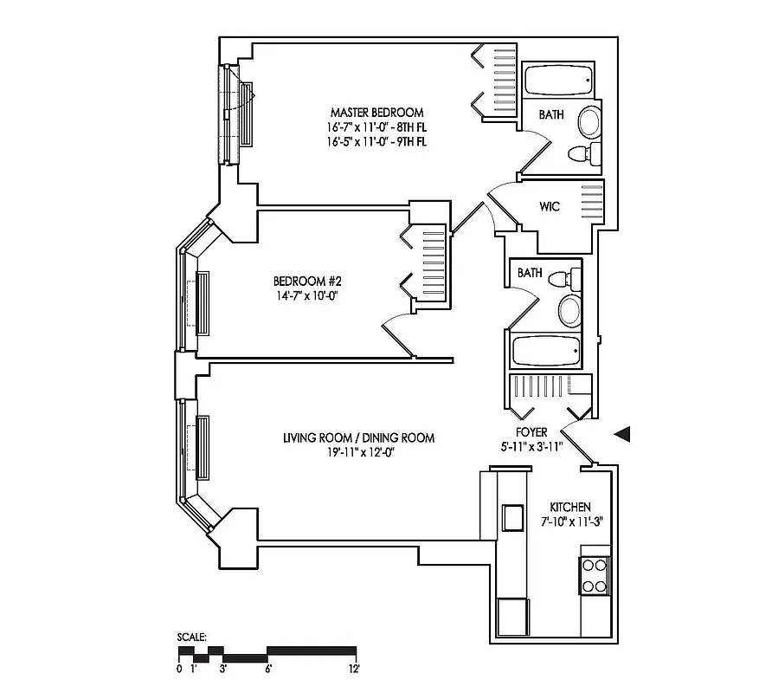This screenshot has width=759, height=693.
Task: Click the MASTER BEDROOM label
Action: [x=376, y=113]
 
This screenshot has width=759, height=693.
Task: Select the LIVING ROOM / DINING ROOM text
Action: [x=358, y=438]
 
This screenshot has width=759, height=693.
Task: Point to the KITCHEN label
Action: [x=570, y=507]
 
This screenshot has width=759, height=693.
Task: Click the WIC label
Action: [x=549, y=207]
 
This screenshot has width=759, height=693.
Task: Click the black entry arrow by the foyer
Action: [x=623, y=434]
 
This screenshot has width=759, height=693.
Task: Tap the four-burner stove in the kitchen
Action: [x=595, y=573]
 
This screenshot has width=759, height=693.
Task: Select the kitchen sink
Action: [x=514, y=517]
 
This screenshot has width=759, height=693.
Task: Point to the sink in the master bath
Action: [x=588, y=120]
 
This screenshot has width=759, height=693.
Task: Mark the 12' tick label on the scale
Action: [x=354, y=669]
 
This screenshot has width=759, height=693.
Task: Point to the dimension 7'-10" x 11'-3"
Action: [x=570, y=521]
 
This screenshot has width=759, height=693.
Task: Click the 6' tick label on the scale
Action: [x=268, y=669]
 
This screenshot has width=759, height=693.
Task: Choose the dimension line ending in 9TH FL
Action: [x=376, y=140]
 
